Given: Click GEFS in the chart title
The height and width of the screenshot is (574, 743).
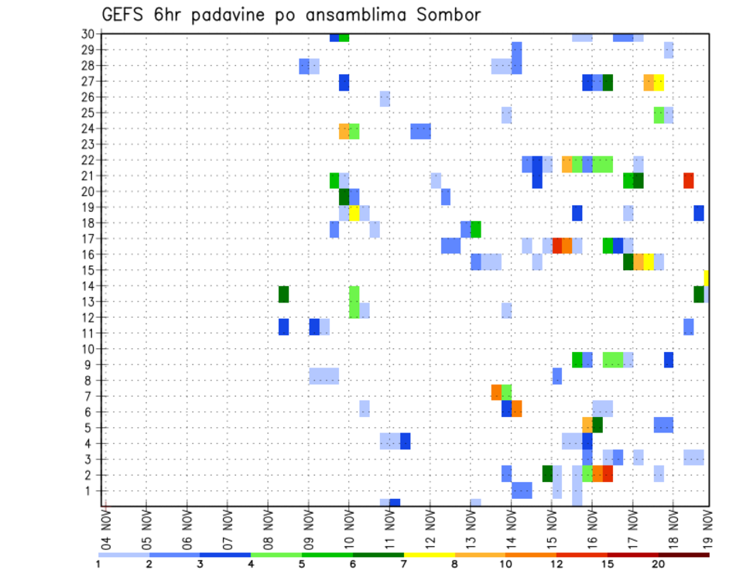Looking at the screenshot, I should click(123, 15).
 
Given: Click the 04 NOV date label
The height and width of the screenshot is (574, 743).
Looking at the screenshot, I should click(104, 525).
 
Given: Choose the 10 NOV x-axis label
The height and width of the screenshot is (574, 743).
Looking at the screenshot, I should click(348, 525).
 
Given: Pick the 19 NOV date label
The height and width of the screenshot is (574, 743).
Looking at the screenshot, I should click(708, 525).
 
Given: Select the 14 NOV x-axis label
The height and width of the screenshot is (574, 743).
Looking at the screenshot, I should click(511, 525).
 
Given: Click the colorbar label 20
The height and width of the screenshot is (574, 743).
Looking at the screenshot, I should click(659, 564).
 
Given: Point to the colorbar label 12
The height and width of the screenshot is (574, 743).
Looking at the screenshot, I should click(556, 564).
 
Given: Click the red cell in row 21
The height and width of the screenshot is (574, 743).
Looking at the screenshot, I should click(688, 180).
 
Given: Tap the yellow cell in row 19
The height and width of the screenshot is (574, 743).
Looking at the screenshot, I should click(354, 213).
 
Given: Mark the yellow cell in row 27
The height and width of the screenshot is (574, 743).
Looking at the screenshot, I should click(659, 82).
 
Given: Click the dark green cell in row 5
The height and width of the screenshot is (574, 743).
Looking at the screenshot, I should click(597, 425).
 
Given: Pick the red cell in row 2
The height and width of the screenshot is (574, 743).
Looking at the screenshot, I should click(608, 473).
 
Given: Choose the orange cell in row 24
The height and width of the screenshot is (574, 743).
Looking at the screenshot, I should click(344, 132).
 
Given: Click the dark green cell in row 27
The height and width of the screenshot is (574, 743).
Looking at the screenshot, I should click(608, 82).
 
